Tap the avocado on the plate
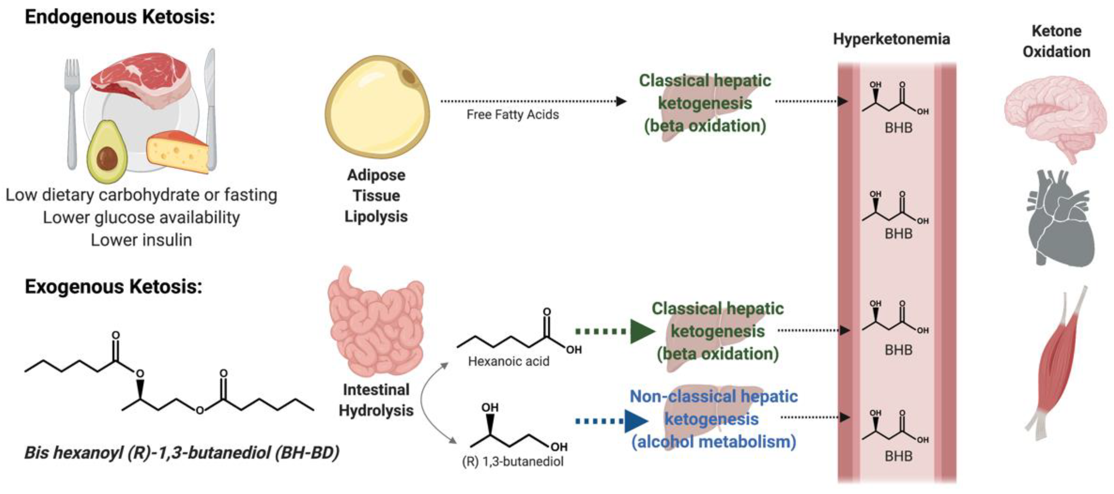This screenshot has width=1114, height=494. (x=106, y=152)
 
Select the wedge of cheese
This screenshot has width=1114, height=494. (x=178, y=152)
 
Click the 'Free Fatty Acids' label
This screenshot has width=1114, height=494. (x=512, y=115)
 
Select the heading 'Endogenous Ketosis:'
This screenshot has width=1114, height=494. (x=120, y=17)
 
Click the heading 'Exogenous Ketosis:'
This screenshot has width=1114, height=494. (x=113, y=286)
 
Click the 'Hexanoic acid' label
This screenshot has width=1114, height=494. (x=509, y=361)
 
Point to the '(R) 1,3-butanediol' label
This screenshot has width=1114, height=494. (x=512, y=462)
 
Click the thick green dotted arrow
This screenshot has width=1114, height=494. (x=614, y=332)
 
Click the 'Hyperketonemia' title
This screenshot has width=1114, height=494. (x=891, y=39)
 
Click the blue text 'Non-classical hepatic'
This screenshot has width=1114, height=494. (x=714, y=396)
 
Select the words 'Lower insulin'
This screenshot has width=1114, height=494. (x=141, y=240)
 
